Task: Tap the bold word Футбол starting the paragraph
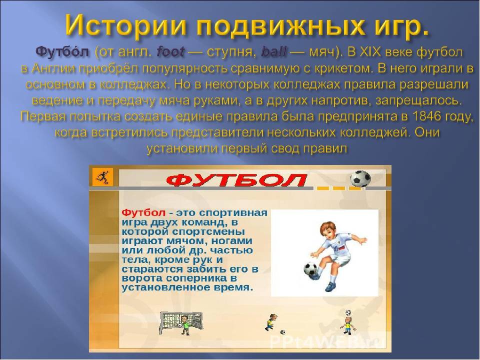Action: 62,52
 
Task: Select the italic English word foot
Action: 170,52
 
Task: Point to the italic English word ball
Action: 273,52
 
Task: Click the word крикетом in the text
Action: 342,68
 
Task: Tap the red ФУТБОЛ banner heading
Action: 237,180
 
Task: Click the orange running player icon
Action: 102,177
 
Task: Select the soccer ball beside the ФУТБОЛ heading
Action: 360,179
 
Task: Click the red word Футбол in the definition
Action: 143,212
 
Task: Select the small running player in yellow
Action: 270,322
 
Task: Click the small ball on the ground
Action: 282,332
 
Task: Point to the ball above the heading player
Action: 348,312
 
